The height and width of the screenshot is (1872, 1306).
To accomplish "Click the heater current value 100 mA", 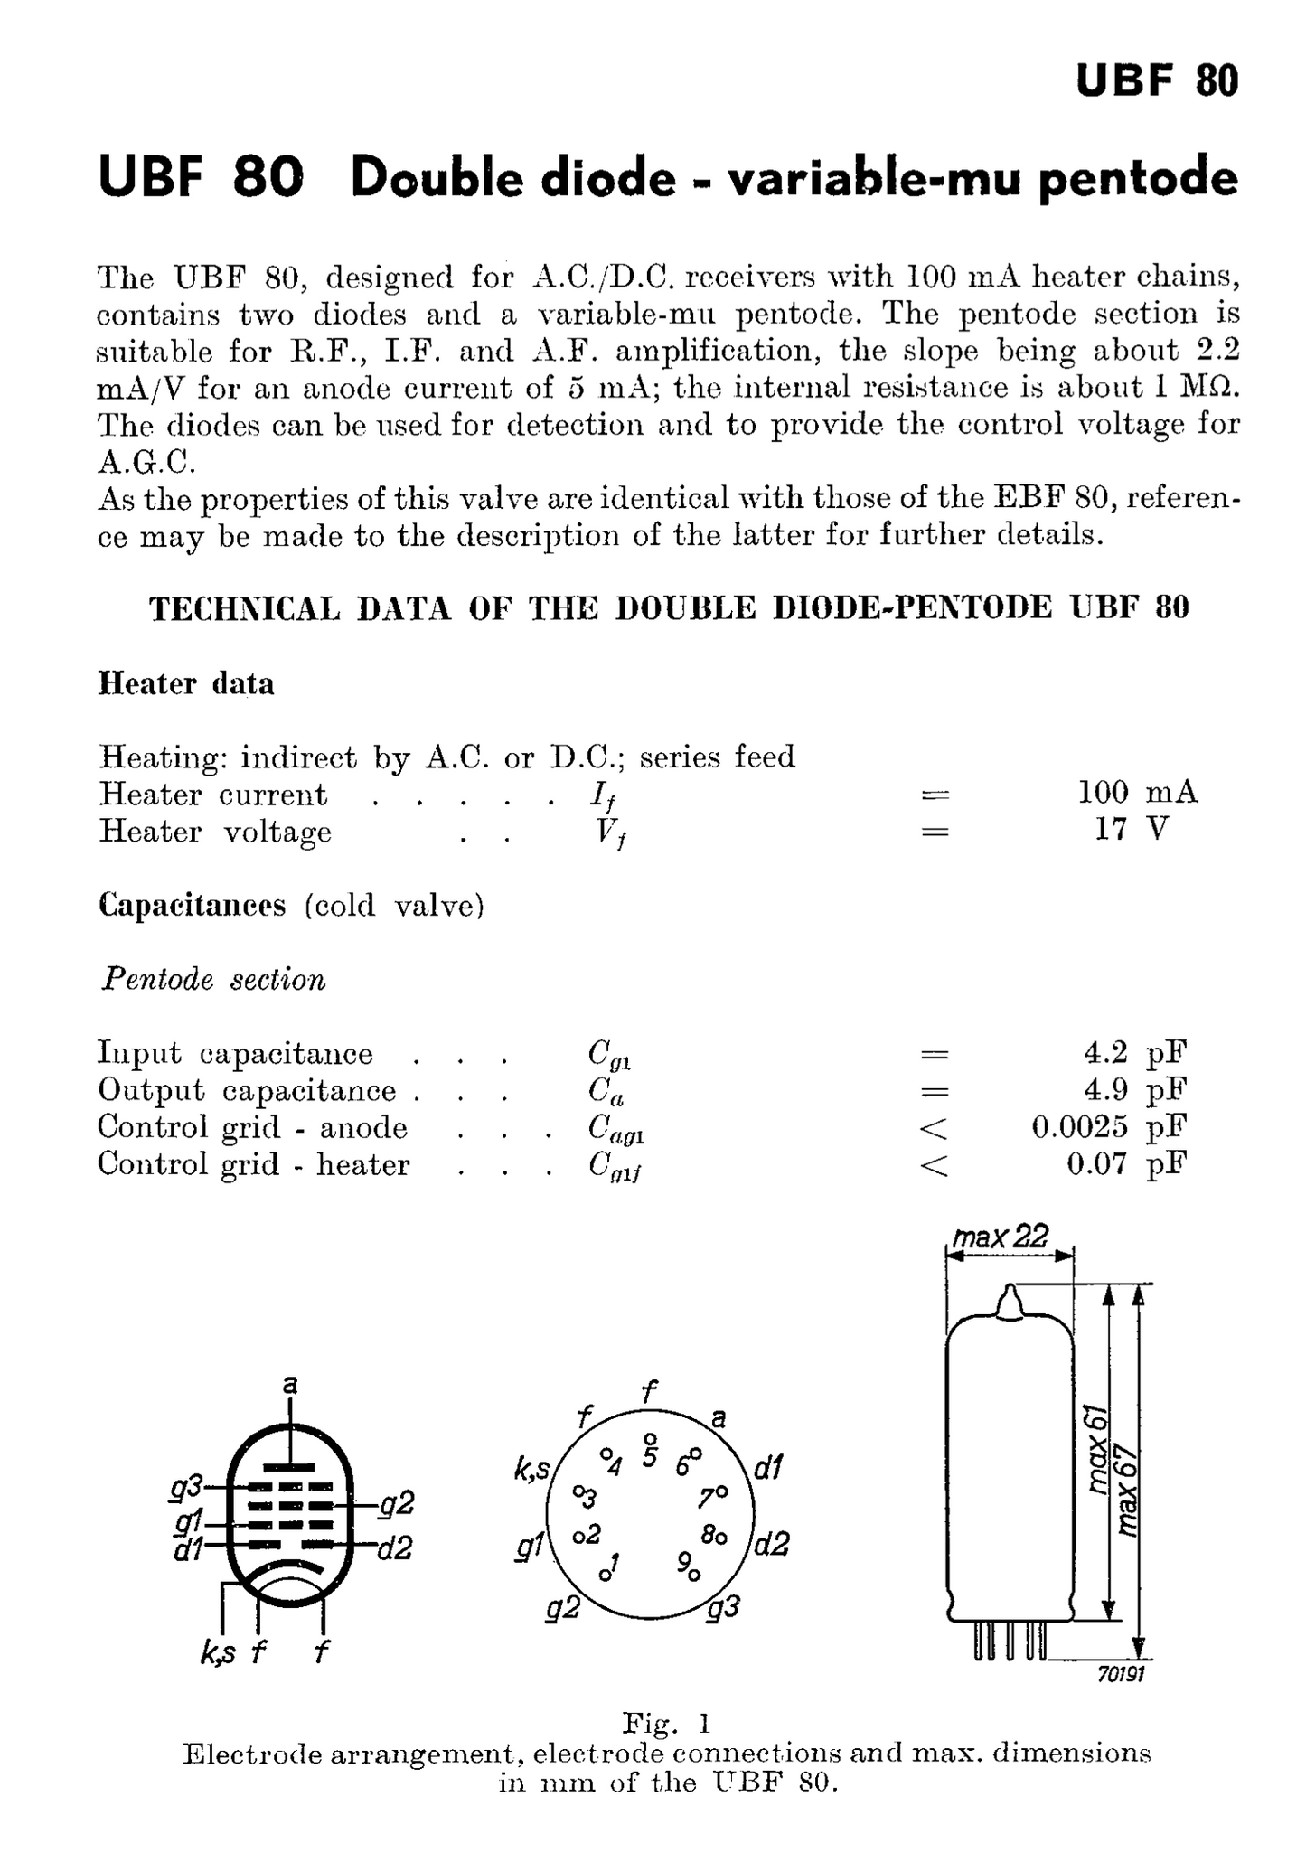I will coord(1137,793).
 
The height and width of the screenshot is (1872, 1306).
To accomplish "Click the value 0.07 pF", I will coord(1125,1164).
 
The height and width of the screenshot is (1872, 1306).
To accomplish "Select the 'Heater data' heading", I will coord(185,683).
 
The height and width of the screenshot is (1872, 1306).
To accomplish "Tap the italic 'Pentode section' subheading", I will coord(213,979).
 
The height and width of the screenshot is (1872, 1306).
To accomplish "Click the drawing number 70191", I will coord(1121,1675).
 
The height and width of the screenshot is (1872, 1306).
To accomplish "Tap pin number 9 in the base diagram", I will coord(683,1562).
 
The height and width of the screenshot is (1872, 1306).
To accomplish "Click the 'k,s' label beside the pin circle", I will coord(531,1471).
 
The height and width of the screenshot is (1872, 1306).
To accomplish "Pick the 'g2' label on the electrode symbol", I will coord(396,1503).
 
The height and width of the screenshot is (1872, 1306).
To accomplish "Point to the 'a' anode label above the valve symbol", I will coord(289,1384).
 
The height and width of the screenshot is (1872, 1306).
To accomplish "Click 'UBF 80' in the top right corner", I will coord(1156,81).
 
